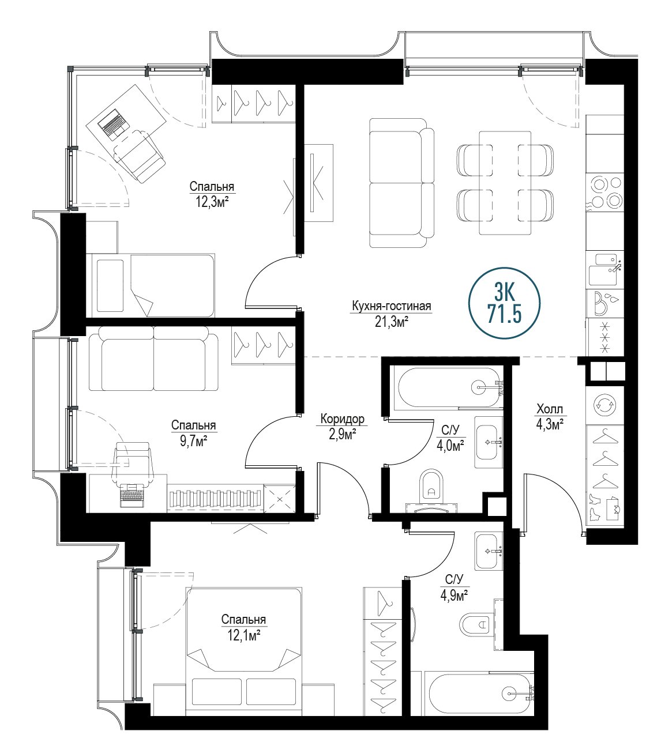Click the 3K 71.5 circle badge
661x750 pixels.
click(504, 303)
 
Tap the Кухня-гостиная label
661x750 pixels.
click(391, 306)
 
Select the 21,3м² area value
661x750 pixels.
click(392, 322)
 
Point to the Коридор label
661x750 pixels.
click(343, 419)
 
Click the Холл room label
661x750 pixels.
click(550, 409)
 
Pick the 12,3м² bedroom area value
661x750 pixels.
click(212, 202)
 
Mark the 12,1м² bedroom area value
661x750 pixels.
click(243, 636)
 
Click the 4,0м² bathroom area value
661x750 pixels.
click(450, 446)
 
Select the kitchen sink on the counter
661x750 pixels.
click(603, 270)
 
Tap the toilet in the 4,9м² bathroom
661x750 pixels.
click(475, 625)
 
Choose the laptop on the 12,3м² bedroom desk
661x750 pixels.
click(114, 123)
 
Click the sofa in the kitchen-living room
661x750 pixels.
click(401, 183)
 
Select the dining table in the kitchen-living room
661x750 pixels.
click(505, 183)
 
